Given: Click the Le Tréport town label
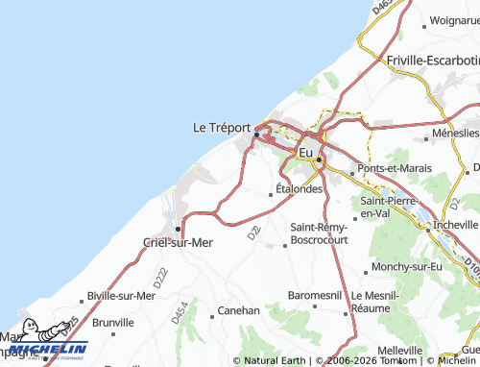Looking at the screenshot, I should [222, 127].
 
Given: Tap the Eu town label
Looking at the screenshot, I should [306, 152].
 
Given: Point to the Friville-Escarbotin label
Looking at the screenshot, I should [433, 60].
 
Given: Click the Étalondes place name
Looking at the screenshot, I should [299, 189].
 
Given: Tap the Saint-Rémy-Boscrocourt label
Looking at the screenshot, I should [318, 232].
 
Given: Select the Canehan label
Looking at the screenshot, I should [239, 310].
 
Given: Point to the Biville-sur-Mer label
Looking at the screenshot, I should [121, 295].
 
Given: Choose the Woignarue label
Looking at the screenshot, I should [455, 19].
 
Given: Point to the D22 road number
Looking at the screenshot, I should [253, 232].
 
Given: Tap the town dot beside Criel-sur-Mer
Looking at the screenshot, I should [179, 229].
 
